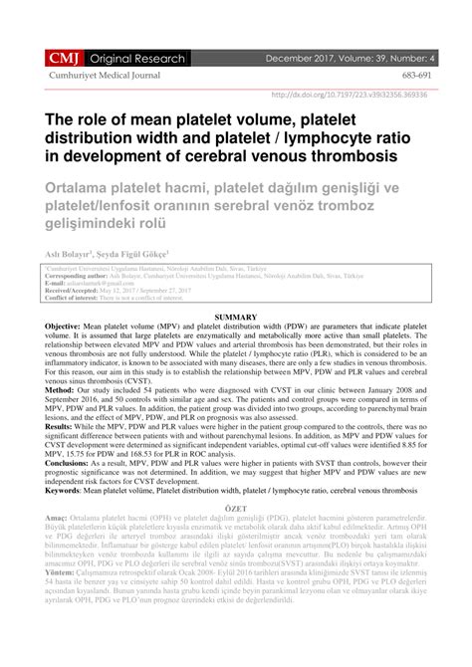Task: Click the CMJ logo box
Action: [56, 59]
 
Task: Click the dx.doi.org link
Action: [359, 96]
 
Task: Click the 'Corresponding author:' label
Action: [78, 276]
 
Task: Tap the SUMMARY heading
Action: [236, 316]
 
